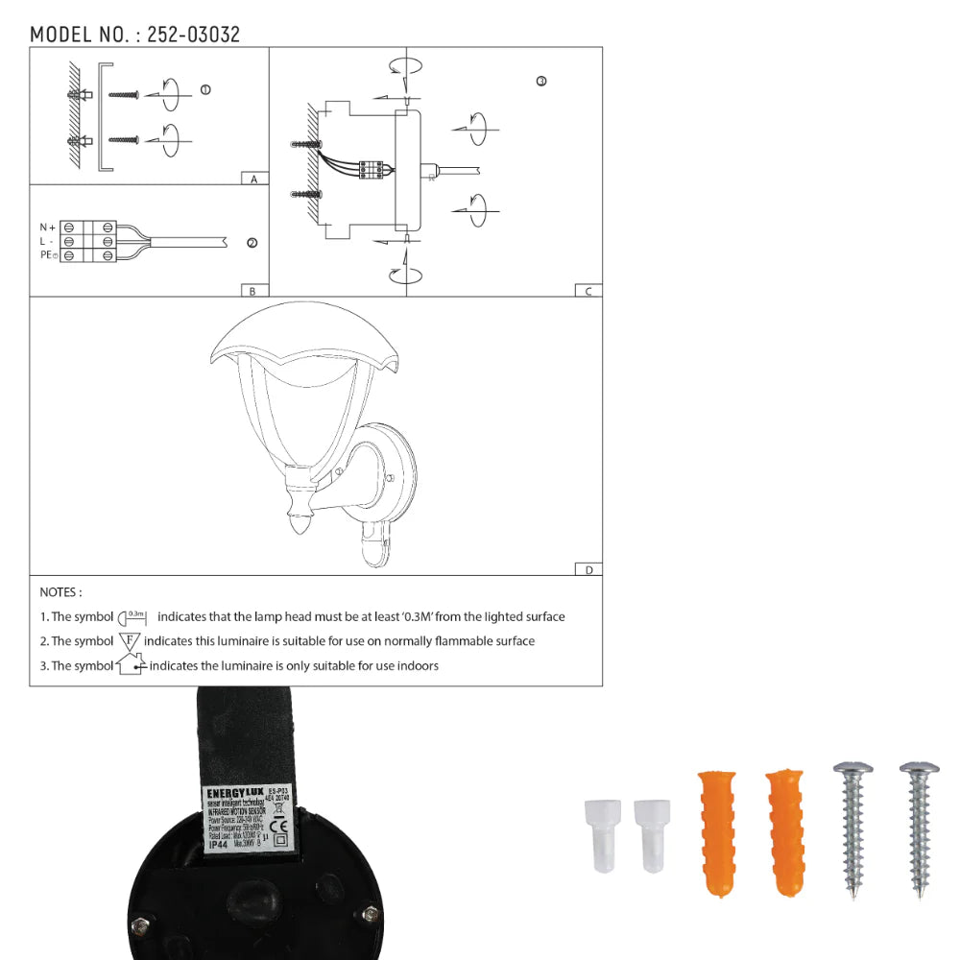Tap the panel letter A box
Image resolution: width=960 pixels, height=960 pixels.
[x=253, y=180]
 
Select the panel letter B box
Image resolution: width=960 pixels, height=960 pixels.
[x=252, y=291]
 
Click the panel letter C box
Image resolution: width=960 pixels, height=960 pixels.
[x=588, y=291]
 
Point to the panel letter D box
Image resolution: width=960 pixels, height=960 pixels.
[x=588, y=569]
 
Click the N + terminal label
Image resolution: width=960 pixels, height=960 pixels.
[x=47, y=228]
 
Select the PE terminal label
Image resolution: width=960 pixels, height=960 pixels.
[x=48, y=255]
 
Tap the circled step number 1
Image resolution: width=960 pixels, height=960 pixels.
[x=205, y=90]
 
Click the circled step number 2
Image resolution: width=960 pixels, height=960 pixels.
[x=252, y=244]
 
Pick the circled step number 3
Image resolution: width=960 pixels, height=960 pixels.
[x=541, y=82]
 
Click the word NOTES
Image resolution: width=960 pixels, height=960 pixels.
[x=60, y=592]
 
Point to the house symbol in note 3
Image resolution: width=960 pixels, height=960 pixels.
[x=130, y=664]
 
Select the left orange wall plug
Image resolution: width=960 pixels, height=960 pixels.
[x=713, y=831]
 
